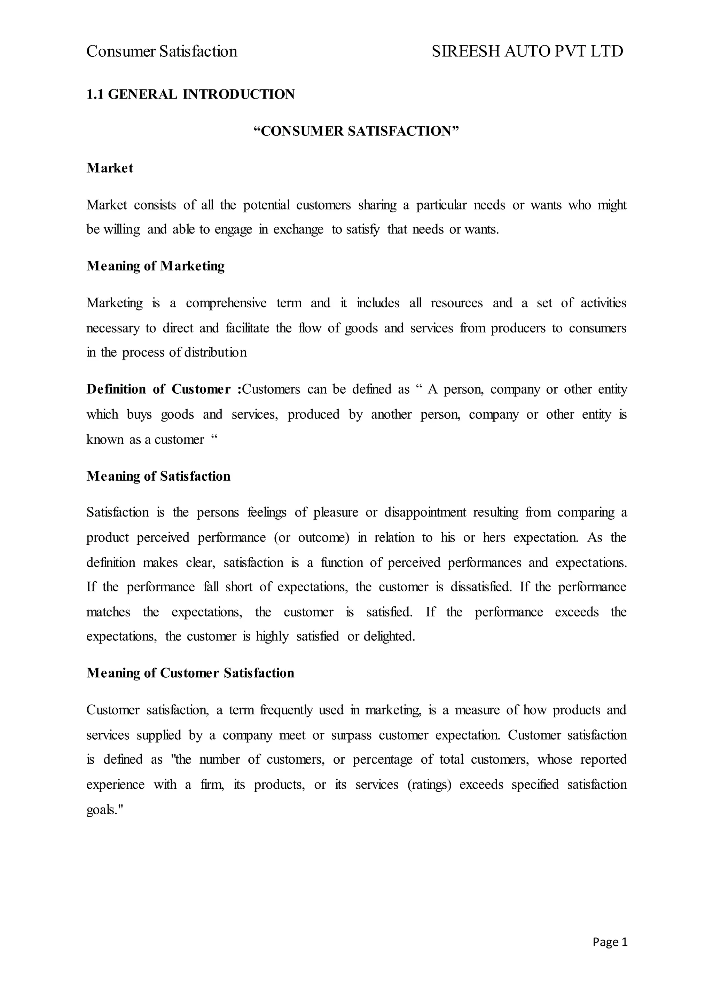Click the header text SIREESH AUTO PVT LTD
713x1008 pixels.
(527, 52)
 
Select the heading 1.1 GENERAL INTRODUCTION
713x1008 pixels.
(190, 94)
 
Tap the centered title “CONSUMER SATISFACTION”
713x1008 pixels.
(356, 131)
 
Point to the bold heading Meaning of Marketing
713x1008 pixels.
(155, 266)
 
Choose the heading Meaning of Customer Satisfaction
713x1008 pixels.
(190, 673)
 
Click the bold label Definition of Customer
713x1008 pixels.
(158, 389)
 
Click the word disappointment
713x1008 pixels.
(425, 512)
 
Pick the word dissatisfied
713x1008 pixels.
(481, 587)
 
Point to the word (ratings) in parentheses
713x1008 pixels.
(429, 785)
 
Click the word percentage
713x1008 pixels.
(382, 759)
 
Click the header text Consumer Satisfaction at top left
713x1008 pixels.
(162, 52)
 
